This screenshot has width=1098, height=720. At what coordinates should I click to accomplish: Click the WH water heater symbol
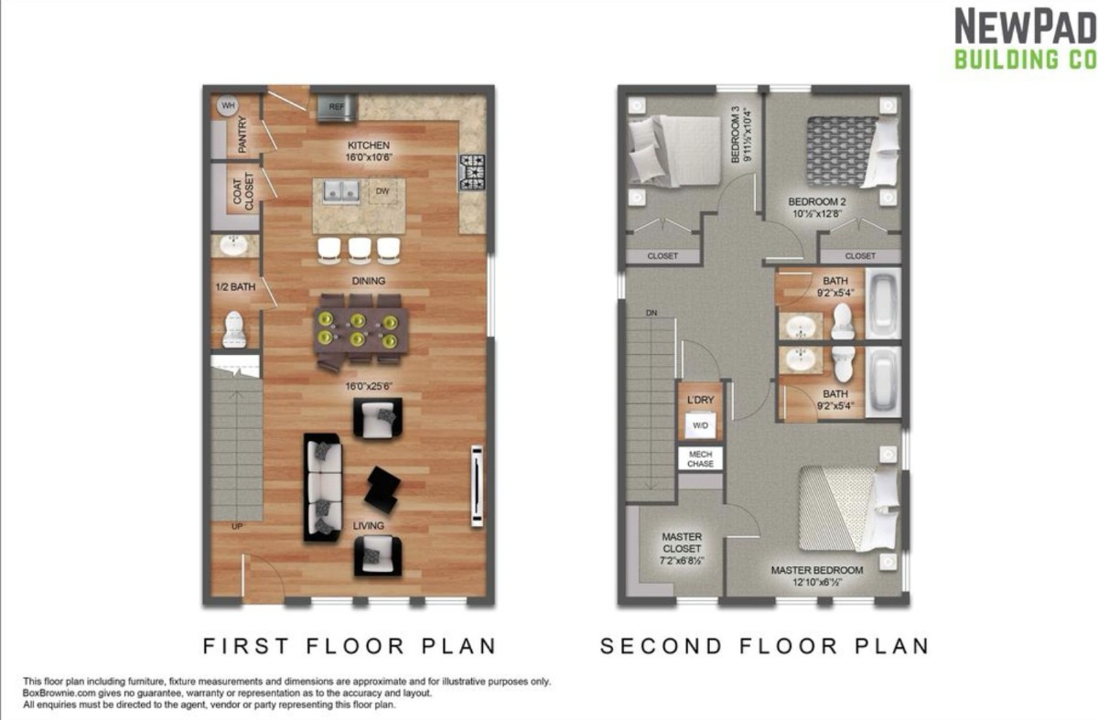[x=228, y=105]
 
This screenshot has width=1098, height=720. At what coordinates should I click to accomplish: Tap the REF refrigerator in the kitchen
[x=337, y=107]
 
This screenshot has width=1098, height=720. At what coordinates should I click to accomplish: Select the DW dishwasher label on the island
[x=382, y=190]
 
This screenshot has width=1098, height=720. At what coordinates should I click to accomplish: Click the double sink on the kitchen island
[x=341, y=190]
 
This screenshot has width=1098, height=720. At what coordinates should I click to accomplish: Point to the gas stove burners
[x=472, y=172]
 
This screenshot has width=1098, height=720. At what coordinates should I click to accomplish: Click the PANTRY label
[x=242, y=134]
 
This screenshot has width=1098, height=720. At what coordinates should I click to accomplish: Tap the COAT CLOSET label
[x=243, y=191]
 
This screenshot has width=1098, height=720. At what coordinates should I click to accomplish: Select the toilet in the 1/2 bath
[x=234, y=330]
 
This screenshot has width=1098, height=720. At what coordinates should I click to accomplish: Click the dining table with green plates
[x=361, y=329]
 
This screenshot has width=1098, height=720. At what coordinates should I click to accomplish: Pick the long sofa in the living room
[x=322, y=488]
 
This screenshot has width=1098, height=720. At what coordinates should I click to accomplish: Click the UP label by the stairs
[x=237, y=527]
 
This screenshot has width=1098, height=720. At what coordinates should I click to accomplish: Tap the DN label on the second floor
[x=651, y=313]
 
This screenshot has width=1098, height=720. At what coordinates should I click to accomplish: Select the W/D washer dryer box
[x=700, y=424]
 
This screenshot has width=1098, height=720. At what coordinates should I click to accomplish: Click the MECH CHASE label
[x=700, y=458]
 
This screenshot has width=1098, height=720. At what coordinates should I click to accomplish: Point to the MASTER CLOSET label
[x=682, y=548]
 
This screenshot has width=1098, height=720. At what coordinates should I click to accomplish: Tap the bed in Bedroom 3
[x=674, y=150]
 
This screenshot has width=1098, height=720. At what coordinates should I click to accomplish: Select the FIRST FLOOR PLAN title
[x=350, y=646]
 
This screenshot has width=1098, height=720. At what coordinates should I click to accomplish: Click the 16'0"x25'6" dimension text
[x=369, y=386]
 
